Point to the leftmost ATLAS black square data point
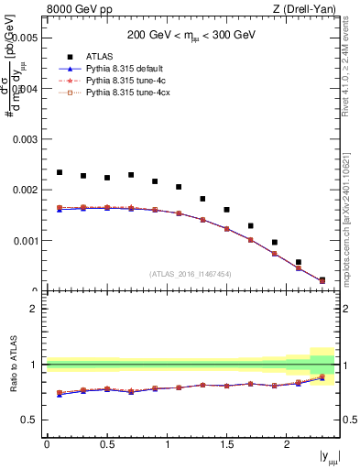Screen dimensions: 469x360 pyautogui.click(x=60, y=172)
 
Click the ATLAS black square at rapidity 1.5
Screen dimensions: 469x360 pyautogui.click(x=226, y=210)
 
